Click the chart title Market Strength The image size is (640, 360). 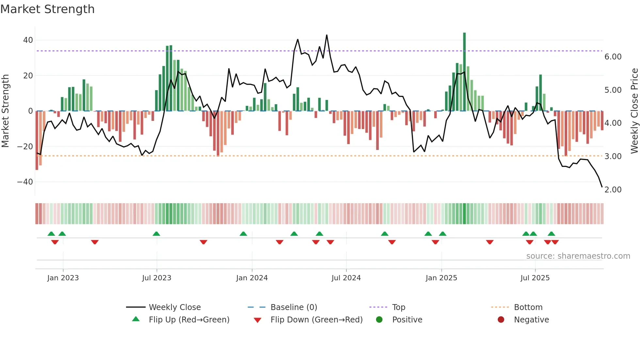[47, 9]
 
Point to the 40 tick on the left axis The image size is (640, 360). [28, 40]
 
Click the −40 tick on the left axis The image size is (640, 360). [25, 182]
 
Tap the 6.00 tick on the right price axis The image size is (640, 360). [613, 57]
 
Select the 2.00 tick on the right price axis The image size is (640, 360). [613, 190]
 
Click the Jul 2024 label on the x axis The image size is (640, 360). [346, 278]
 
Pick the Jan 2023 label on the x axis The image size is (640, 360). [63, 278]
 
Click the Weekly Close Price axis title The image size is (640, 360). [634, 111]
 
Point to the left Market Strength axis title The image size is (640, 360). [6, 111]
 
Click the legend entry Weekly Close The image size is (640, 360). [175, 307]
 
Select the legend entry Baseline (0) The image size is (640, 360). [294, 307]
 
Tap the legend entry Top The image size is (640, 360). [398, 307]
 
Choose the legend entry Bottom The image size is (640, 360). [528, 307]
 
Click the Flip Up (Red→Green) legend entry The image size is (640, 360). [189, 320]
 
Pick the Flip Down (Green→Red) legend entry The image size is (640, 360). [316, 320]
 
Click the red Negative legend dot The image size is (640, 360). [501, 320]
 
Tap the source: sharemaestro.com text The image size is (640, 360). [578, 256]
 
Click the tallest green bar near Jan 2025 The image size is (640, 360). [464, 72]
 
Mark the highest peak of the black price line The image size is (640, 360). [327, 35]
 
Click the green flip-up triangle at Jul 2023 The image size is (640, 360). [156, 234]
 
